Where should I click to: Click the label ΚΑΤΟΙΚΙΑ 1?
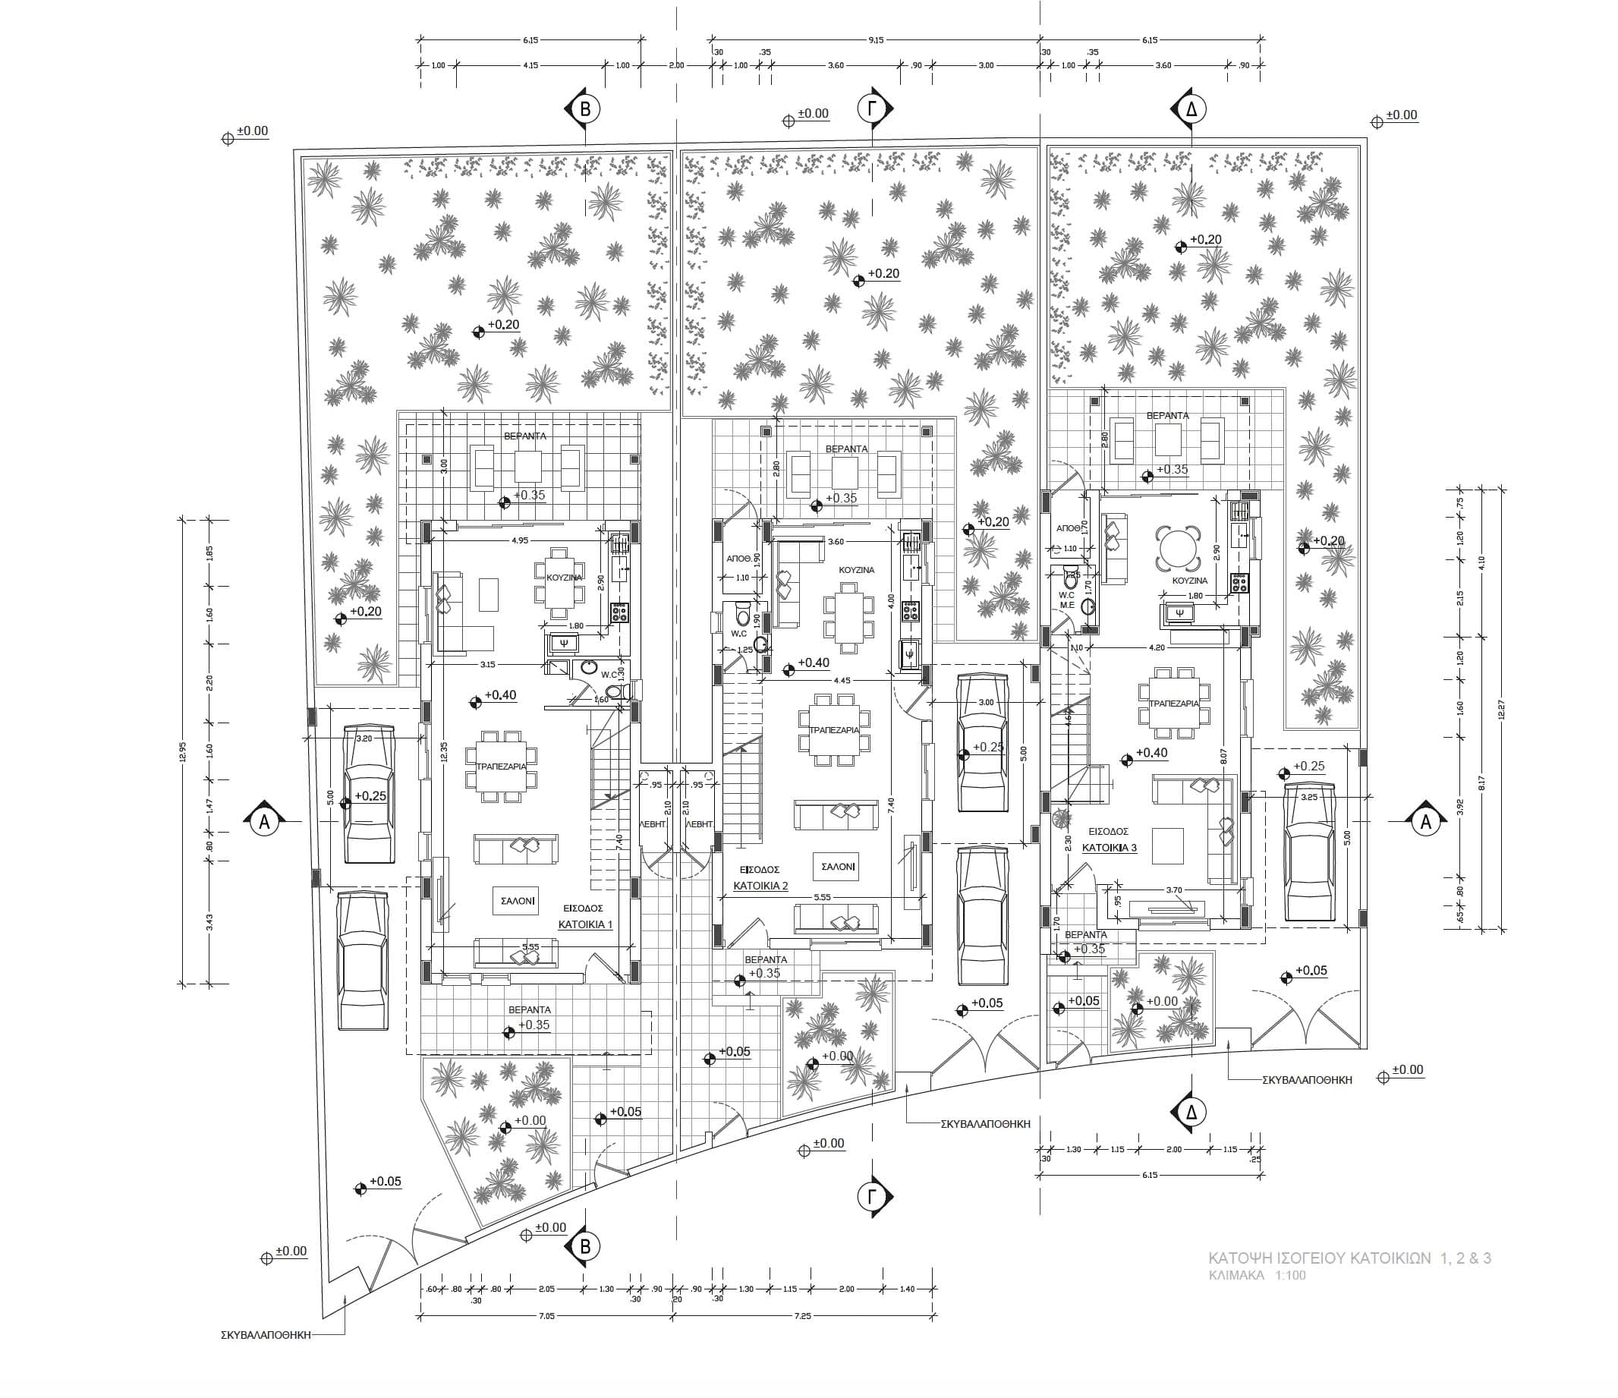point(585,924)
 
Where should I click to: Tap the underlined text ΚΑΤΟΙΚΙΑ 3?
point(1109,848)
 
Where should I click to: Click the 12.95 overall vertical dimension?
point(183,751)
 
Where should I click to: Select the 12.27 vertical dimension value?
point(1501,709)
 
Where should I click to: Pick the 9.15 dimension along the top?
point(875,39)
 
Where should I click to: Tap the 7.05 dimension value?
point(546,1316)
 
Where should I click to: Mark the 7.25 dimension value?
point(802,1316)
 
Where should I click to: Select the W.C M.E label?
point(1067,600)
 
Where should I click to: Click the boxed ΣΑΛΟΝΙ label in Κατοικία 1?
point(517,900)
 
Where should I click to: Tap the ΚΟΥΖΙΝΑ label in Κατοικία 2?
point(857,570)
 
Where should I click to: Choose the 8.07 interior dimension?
point(1223,756)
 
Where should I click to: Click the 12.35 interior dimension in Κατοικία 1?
point(442,752)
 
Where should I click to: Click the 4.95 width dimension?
point(519,540)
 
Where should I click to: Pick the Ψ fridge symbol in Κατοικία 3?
point(1179,613)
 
